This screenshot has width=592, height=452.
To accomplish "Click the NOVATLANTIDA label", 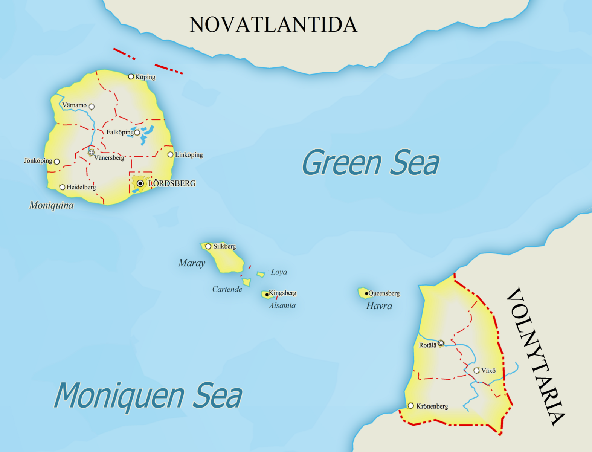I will [x=273, y=25].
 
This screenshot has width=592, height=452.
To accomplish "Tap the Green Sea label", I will [x=371, y=163].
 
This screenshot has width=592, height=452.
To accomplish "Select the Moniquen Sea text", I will [x=148, y=395].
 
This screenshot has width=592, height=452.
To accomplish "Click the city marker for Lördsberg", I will [x=140, y=183].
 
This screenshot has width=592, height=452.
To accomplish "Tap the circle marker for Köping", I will [x=131, y=76].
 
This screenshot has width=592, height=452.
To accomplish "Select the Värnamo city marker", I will [x=92, y=107].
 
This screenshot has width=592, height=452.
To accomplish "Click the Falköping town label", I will [x=120, y=132].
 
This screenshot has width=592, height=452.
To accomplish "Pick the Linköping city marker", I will [x=171, y=154].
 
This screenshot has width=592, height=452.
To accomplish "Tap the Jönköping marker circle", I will [x=57, y=162].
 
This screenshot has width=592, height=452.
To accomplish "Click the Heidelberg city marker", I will [x=63, y=187].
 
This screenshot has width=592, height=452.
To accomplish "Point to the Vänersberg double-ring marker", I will [x=91, y=153].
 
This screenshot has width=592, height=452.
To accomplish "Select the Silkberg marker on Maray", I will [x=208, y=246].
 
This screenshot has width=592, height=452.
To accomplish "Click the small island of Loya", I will [x=261, y=274].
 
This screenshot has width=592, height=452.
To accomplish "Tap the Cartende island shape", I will [x=247, y=281].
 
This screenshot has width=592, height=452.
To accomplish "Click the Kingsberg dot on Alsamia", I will [x=267, y=295].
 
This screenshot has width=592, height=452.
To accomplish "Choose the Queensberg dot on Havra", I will [x=366, y=293].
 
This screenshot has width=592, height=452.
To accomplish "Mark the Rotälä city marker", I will [x=441, y=343].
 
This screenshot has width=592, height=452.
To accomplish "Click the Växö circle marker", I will [x=476, y=371].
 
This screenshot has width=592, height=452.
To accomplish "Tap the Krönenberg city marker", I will [x=411, y=406].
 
